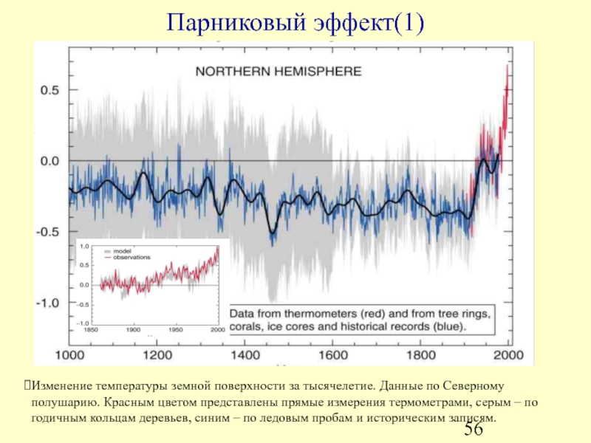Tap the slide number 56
(474, 430)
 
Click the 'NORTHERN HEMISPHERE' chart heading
(278, 72)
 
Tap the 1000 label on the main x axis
(72, 355)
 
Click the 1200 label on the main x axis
(160, 355)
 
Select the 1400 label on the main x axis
(247, 355)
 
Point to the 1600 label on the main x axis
(334, 355)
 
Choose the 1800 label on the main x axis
(421, 355)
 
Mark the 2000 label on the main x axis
(509, 355)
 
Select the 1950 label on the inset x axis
(176, 329)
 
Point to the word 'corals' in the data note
(249, 326)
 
